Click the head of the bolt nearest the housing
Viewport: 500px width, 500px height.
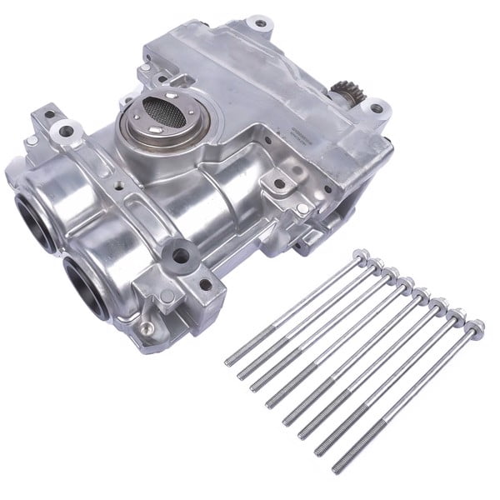(360, 255)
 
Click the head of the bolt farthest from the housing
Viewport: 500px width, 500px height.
(476, 325)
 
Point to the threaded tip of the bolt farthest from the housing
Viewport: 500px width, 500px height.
(337, 467)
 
